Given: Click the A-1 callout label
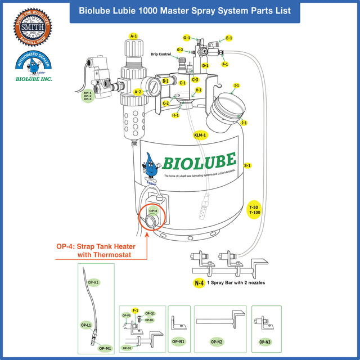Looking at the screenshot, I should point(133,36).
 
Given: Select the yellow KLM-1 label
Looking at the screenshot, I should point(200,135).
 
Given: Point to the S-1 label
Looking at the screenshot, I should point(247,165).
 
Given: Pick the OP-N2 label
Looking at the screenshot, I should point(217,341).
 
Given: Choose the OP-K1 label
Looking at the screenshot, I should point(93,282).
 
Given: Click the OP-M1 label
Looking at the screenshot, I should point(105,348).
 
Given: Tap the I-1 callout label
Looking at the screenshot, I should point(237,85).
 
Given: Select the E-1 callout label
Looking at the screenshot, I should point(229,38).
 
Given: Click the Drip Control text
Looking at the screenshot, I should point(161,55).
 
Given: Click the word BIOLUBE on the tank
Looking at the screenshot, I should point(199,161).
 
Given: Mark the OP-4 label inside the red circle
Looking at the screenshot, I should point(153,211).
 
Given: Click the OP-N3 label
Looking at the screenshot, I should point(265,341).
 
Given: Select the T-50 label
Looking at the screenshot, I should point(254,208).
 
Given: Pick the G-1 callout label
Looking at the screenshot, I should point(187,38).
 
